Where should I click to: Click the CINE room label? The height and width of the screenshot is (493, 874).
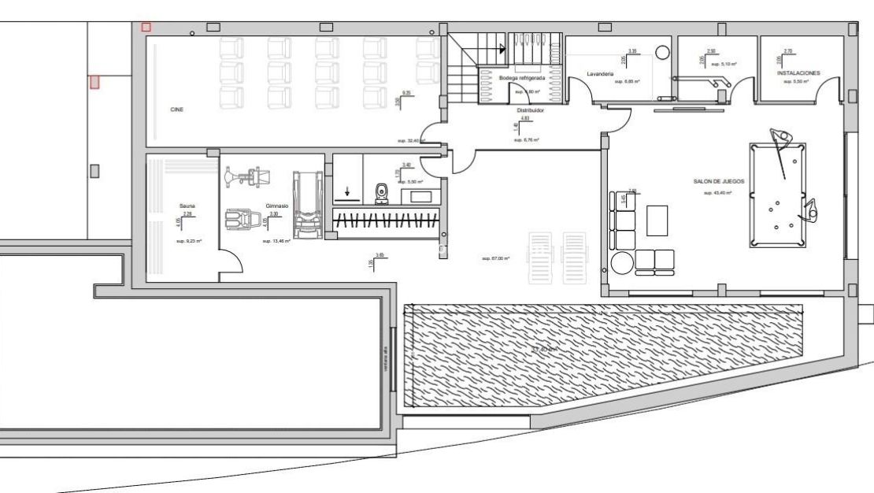177,109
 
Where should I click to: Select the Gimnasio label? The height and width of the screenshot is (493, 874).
277,205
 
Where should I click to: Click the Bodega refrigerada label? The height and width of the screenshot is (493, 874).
522,78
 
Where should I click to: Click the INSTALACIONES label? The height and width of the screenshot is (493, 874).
798,72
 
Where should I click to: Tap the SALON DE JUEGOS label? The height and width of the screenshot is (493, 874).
719,180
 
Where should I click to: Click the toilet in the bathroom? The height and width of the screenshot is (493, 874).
382,192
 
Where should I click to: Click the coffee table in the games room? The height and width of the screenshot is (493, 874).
657,220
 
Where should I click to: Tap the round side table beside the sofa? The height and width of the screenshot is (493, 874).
623,261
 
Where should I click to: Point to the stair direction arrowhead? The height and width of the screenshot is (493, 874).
502,47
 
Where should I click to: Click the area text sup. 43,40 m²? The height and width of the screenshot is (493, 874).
718,192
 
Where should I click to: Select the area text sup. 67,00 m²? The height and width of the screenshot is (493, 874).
497,258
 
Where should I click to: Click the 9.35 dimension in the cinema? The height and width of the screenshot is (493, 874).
406,94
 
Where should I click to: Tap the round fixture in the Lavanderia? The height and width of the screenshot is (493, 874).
661,53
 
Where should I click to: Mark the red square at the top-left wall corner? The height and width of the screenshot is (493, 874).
146,27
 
